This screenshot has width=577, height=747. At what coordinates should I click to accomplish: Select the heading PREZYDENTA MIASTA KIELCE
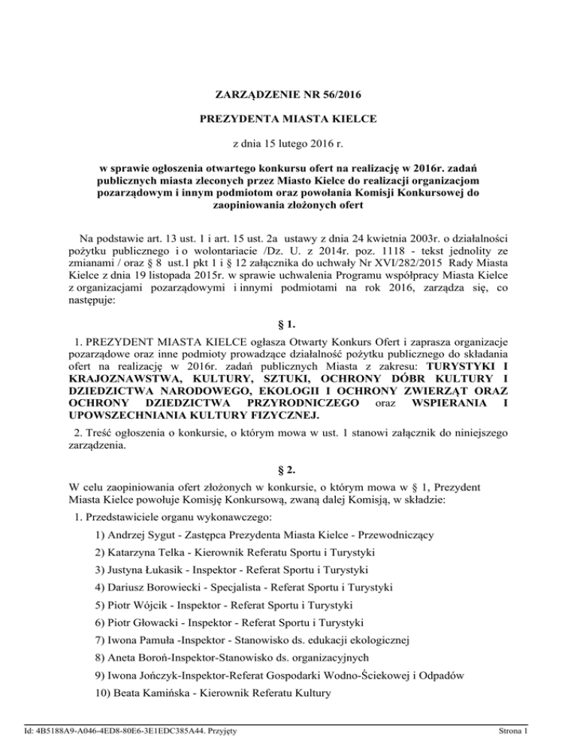coord(288,119)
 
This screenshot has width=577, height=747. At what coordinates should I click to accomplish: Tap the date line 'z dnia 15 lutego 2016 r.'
coord(288,142)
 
